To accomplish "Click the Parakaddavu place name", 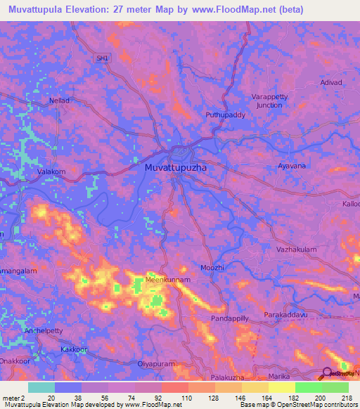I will pyautogui.click(x=287, y=315).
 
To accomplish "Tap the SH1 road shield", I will pyautogui.click(x=104, y=60).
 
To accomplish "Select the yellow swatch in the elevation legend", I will pyautogui.click(x=281, y=387).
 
